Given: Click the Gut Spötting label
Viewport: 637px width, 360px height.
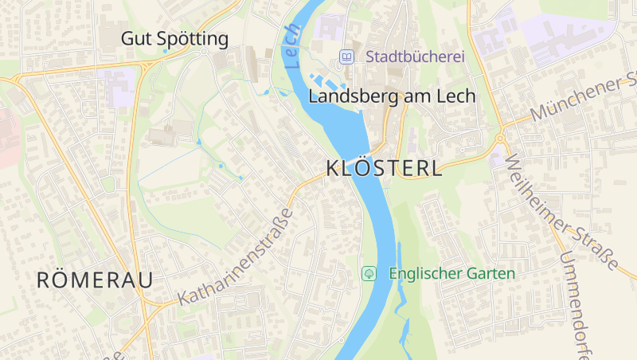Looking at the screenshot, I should click(174, 38).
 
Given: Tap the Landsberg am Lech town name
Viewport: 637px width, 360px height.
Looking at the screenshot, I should click(391, 96).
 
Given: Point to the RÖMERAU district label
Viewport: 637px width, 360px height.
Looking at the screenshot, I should click(95, 280).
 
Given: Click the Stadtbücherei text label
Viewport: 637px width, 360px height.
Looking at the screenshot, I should click(415, 57).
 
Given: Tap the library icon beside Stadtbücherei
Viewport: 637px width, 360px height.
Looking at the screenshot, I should click(346, 57).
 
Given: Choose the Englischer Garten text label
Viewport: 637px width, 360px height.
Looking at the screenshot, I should click(451, 273).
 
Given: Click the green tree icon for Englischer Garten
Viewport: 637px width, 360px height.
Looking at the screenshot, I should click(369, 273).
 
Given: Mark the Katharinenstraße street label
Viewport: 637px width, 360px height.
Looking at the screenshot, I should click(236, 256).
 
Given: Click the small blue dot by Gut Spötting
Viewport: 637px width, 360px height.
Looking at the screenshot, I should click(166, 51).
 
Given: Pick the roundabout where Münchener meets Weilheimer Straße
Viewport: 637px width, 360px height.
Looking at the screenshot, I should click(500, 139).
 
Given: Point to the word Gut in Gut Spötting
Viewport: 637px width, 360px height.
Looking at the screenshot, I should click(135, 38).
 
